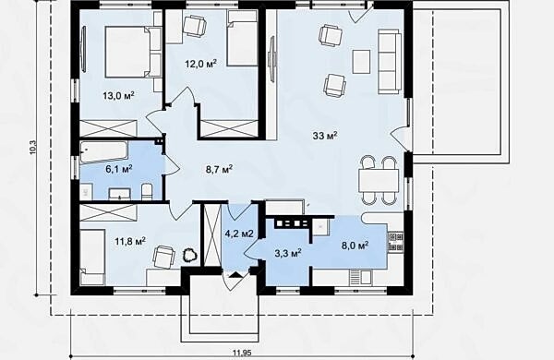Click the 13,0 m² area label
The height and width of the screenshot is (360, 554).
(119, 95)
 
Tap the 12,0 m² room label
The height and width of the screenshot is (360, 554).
(200, 64)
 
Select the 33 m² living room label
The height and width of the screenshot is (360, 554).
(325, 136)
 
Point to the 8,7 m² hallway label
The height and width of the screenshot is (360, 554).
(219, 169)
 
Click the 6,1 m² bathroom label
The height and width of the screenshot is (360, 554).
(119, 169)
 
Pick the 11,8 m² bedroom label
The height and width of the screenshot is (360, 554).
(130, 242)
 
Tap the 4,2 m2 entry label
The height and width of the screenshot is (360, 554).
(239, 234)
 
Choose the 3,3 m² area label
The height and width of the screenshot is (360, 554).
(288, 253)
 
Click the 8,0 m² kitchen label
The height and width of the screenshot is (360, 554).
(355, 246)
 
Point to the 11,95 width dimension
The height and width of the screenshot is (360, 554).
(242, 353)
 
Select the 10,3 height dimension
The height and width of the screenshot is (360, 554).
(33, 148)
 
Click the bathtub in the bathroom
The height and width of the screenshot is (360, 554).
(103, 152)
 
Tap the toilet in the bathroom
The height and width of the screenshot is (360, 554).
(147, 192)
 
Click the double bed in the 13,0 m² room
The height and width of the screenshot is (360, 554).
(133, 52)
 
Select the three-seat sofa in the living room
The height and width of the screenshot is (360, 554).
(390, 62)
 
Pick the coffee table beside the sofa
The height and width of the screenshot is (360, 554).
(361, 62)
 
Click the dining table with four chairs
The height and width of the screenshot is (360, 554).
(379, 181)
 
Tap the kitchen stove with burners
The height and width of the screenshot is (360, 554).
(396, 242)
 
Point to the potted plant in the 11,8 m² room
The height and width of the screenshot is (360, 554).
(189, 255)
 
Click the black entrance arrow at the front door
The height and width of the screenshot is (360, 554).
(236, 275)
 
